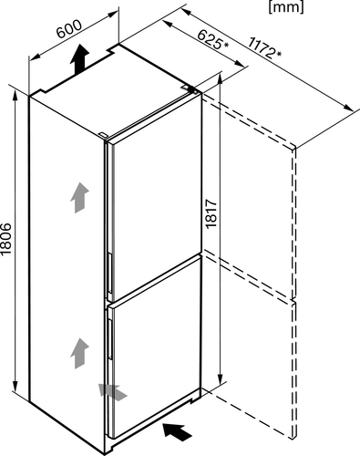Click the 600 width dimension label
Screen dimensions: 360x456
[x=69, y=29]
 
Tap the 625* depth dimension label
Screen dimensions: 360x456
[x=213, y=40]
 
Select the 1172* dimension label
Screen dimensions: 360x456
[x=264, y=47]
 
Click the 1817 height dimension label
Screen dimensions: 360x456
[x=211, y=213]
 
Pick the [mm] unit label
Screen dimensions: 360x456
[x=286, y=6]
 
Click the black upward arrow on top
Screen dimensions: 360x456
[x=79, y=58]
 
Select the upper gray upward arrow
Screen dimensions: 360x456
[x=79, y=198]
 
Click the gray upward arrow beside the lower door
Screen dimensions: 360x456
[x=79, y=353]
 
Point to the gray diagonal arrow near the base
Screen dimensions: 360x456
[x=113, y=392]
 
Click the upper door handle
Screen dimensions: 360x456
[x=109, y=273]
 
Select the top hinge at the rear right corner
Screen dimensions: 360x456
[x=190, y=88]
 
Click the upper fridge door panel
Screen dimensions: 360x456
[x=154, y=194]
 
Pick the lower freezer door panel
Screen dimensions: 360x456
[x=154, y=347]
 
